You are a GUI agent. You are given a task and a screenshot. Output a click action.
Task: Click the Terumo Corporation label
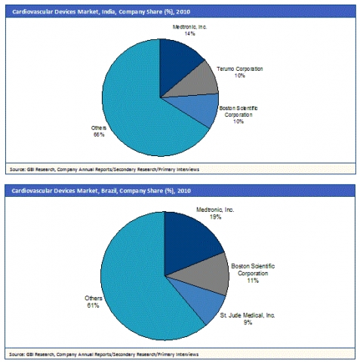coord(240,69)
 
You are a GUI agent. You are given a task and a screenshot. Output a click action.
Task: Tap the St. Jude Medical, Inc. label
coord(248,315)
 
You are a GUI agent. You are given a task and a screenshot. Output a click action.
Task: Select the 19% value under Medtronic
coord(216,216)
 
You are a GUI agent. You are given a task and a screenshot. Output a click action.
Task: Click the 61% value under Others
coord(93,305)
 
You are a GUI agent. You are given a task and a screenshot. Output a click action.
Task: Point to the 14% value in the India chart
coord(189,33)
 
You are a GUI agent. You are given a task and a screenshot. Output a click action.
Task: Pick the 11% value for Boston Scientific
coord(253,281)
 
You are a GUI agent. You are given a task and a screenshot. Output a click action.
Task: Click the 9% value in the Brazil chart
coord(248,322)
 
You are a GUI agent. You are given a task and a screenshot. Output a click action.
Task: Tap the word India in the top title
coord(109,12)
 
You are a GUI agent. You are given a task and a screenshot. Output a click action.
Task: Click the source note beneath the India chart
coord(104,170)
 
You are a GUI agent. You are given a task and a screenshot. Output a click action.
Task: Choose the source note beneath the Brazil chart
coord(104,354)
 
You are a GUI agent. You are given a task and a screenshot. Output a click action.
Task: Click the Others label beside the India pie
coord(99,128)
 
